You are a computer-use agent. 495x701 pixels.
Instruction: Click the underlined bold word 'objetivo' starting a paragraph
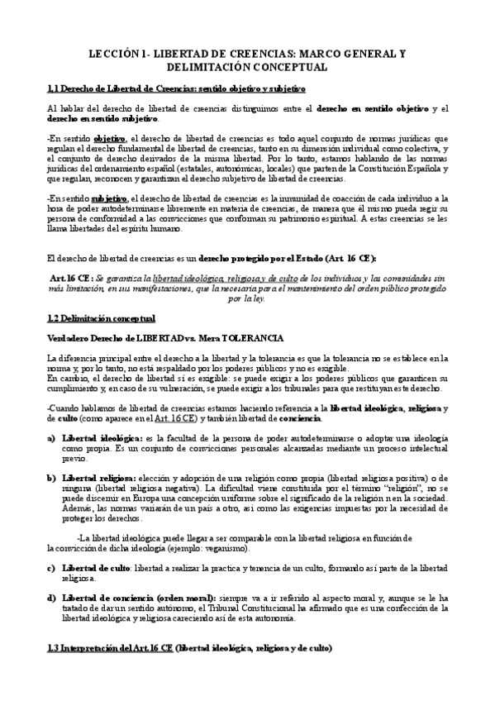111,138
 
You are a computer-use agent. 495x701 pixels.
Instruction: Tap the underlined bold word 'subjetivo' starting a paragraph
110,198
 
